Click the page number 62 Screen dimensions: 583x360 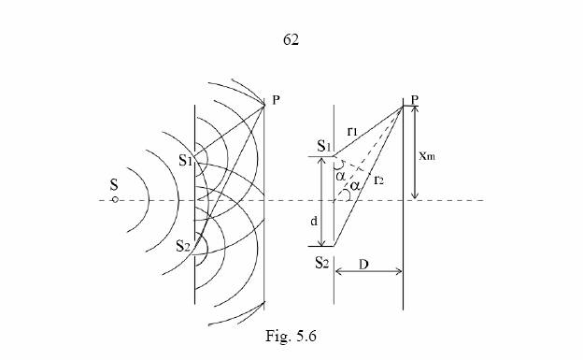point(291,39)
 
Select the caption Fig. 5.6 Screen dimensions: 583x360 point(291,337)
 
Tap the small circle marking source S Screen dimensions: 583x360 point(115,200)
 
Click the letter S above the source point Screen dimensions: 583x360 point(114,185)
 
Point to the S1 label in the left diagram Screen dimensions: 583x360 point(185,161)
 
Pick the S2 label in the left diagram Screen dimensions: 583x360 point(183,246)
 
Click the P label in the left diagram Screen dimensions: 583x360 point(276,100)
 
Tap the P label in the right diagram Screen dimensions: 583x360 point(415,99)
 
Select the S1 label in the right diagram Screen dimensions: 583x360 point(324,146)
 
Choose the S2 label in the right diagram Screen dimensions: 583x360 point(322,263)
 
